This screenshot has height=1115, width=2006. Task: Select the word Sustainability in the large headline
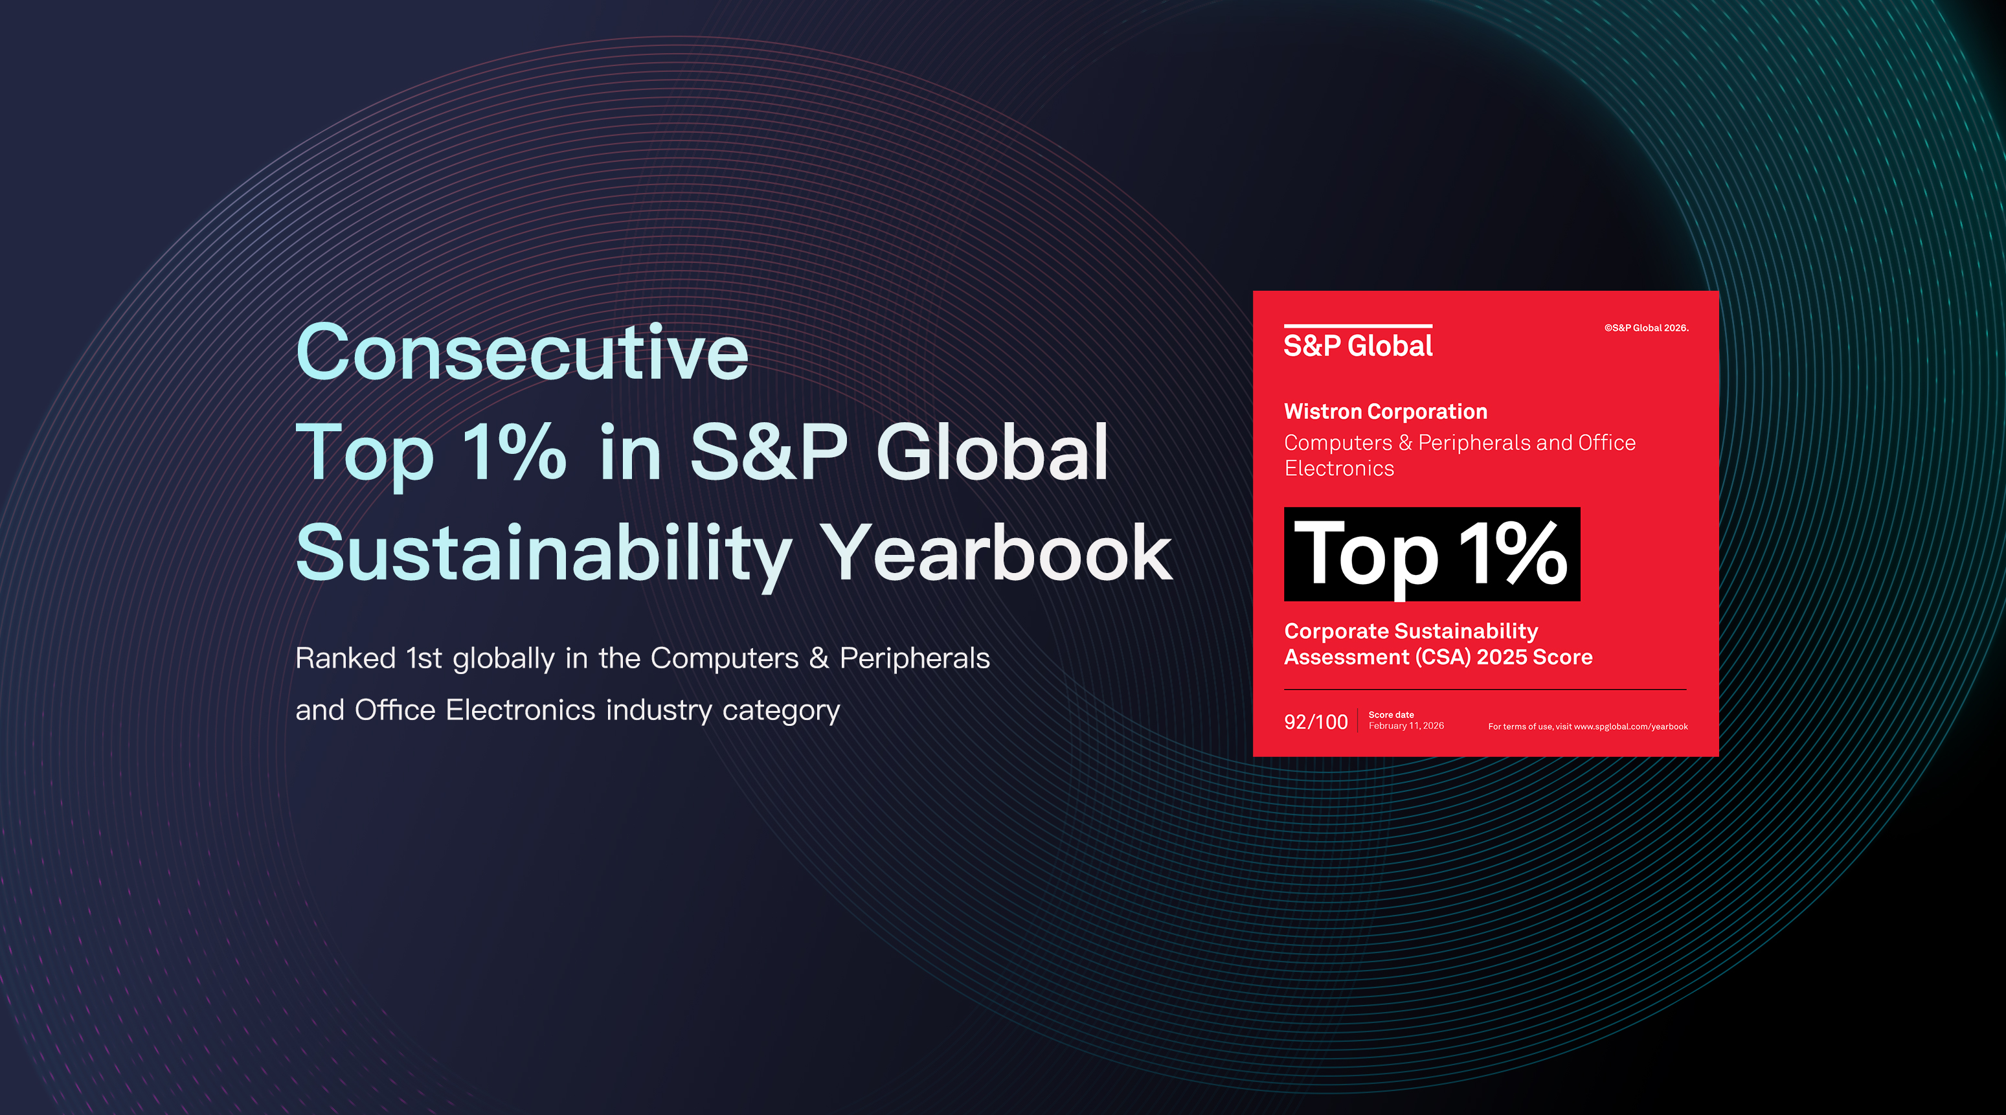coord(543,554)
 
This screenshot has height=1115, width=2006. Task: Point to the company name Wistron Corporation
coord(1385,411)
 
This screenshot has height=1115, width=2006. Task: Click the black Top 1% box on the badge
coord(1431,554)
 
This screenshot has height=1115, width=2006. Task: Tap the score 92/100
coord(1315,722)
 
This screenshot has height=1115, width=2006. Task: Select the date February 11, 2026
coord(1406,726)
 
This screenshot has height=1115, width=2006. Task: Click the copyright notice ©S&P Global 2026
coord(1645,328)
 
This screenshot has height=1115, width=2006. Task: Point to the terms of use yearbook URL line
coord(1587,726)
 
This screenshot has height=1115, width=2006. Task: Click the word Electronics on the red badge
coord(1338,468)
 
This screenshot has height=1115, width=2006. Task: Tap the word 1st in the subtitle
coord(424,659)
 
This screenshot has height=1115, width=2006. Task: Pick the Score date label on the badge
coord(1391,715)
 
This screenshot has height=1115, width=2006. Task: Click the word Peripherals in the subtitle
coord(914,659)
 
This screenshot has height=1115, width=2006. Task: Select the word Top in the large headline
coord(365,454)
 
